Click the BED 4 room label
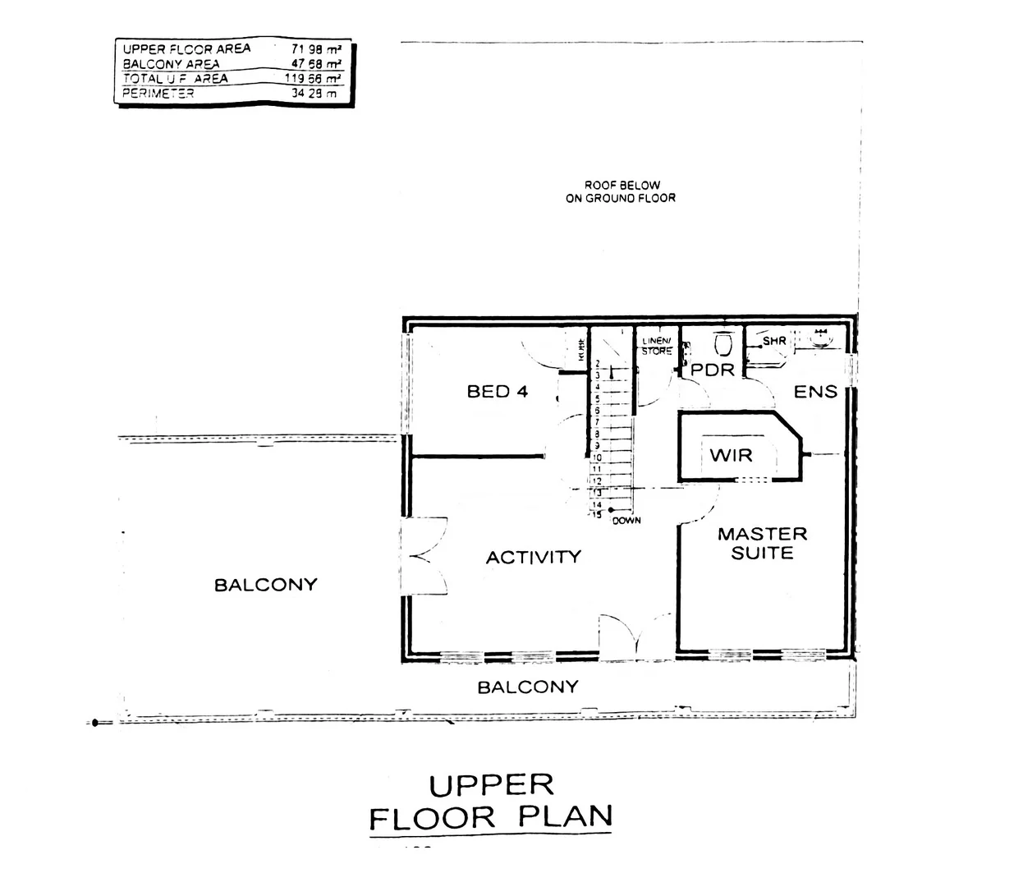tap(497, 392)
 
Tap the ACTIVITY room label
tap(533, 558)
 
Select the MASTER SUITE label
tap(762, 544)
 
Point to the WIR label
tap(731, 455)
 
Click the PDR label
tap(712, 370)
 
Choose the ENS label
tap(814, 392)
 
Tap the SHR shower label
tap(774, 341)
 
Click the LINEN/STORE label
tap(657, 346)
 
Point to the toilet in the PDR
tap(723, 342)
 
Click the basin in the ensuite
tap(819, 336)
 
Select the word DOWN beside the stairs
tap(626, 521)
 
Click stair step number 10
tap(598, 457)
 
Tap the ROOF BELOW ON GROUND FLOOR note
tap(621, 191)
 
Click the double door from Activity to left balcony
tap(424, 556)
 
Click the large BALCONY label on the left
tap(265, 586)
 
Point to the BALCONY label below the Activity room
tap(528, 687)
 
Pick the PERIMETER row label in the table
tap(158, 94)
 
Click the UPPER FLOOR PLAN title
tap(491, 802)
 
